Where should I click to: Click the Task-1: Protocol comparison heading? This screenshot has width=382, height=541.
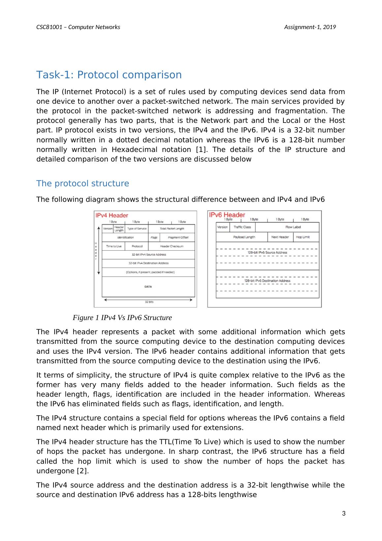tap(109, 75)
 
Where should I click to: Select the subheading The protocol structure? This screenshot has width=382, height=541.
tap(82, 183)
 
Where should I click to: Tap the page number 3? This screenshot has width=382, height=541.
tap(344, 513)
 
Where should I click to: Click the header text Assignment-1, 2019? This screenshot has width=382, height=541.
tap(310, 27)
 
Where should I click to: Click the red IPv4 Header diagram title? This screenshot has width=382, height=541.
tap(112, 215)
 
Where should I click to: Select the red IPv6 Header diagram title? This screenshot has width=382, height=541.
tap(227, 215)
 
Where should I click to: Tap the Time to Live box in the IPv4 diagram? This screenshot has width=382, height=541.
tap(113, 246)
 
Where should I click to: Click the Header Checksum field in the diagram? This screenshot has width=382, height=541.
tap(172, 246)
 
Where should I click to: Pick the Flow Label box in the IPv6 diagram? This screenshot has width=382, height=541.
tap(293, 227)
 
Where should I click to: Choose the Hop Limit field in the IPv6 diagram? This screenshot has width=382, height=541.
tap(302, 237)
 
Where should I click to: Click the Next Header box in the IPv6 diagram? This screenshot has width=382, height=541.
tap(280, 237)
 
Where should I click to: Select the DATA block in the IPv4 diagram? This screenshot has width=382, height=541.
tap(148, 287)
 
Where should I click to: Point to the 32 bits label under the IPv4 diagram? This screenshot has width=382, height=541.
tap(149, 302)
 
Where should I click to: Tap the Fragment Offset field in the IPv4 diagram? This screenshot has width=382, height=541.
tap(178, 237)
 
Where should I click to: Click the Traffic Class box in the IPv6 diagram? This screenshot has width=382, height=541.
tap(242, 227)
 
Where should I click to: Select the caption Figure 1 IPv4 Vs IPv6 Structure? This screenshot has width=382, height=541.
tap(122, 318)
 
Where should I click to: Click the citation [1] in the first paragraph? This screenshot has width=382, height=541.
tap(201, 150)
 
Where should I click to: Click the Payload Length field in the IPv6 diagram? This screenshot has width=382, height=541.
tap(244, 237)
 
